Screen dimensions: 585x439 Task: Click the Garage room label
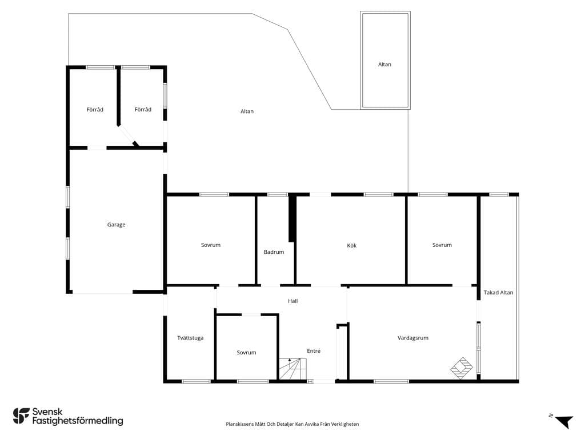[x=116, y=225]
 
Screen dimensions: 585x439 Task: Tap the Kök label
[x=351, y=245]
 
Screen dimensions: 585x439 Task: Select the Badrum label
[x=274, y=252]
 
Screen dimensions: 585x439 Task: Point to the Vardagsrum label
[x=412, y=338]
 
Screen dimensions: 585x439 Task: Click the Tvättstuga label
[x=190, y=338]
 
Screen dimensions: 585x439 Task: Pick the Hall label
[x=293, y=301]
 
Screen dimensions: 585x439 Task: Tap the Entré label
[x=314, y=351]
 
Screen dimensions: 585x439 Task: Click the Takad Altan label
[x=498, y=293]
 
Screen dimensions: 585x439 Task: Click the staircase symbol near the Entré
[x=293, y=369]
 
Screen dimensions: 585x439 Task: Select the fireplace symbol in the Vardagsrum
[x=462, y=368]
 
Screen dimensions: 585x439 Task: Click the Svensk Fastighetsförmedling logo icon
[x=21, y=416]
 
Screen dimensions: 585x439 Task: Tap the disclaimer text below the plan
[x=292, y=424]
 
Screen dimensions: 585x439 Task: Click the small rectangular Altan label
[x=384, y=64]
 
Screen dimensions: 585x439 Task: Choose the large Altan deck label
[x=247, y=111]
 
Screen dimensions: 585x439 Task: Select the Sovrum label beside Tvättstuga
[x=246, y=352]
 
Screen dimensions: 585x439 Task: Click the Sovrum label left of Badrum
[x=211, y=245]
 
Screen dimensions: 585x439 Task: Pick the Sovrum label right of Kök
[x=442, y=245]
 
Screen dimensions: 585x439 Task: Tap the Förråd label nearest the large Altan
[x=143, y=109]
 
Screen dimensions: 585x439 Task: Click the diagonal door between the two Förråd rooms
[x=128, y=135]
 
